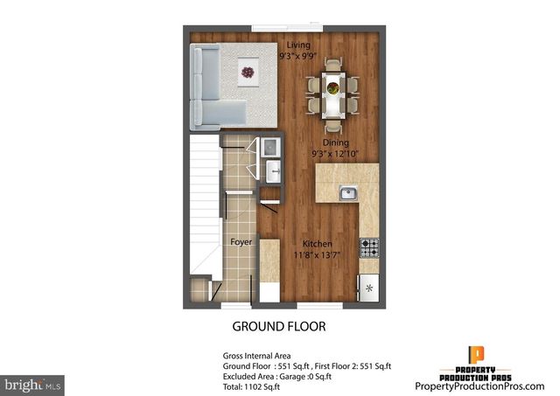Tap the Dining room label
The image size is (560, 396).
pos(336,142)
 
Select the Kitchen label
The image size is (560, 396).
pos(317,243)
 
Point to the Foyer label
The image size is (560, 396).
pos(241,241)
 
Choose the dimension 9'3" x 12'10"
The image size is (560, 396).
pos(336,153)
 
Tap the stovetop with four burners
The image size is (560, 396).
pos(368,247)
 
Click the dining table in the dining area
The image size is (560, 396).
pos(332,88)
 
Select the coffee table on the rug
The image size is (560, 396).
pos(248,71)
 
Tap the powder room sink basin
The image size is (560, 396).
pos(272,169)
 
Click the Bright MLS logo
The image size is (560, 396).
pos(32,384)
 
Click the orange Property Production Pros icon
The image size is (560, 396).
pos(477,354)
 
